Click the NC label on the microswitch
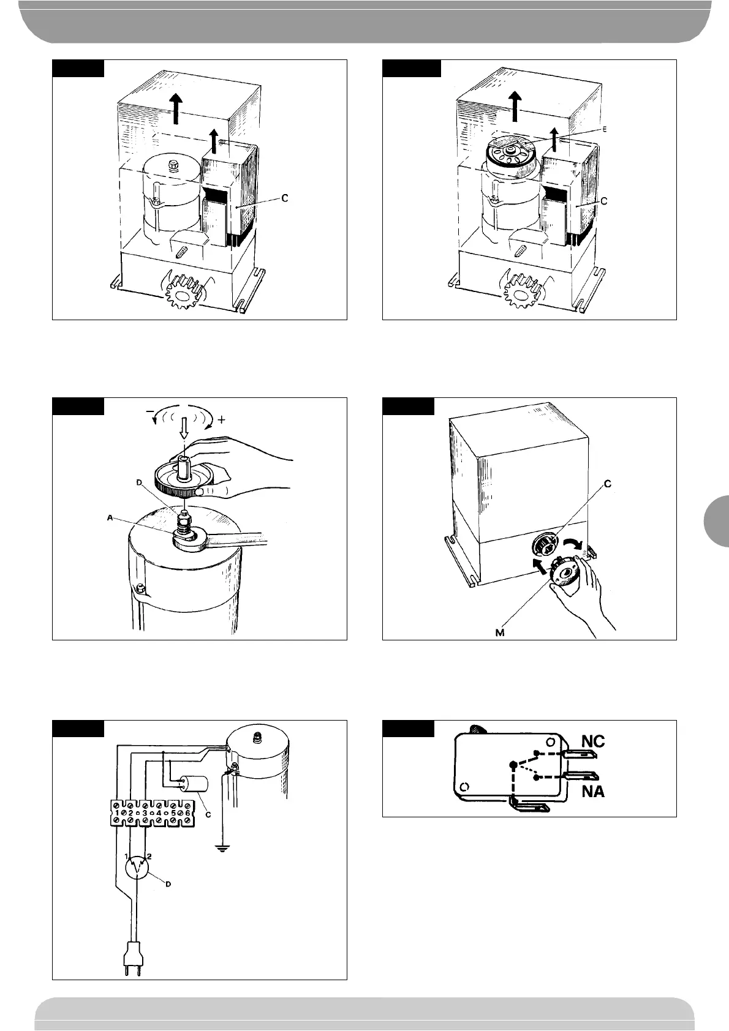click(x=592, y=741)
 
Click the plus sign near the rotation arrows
click(x=221, y=421)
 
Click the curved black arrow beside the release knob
click(x=574, y=543)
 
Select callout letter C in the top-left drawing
click(x=284, y=198)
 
